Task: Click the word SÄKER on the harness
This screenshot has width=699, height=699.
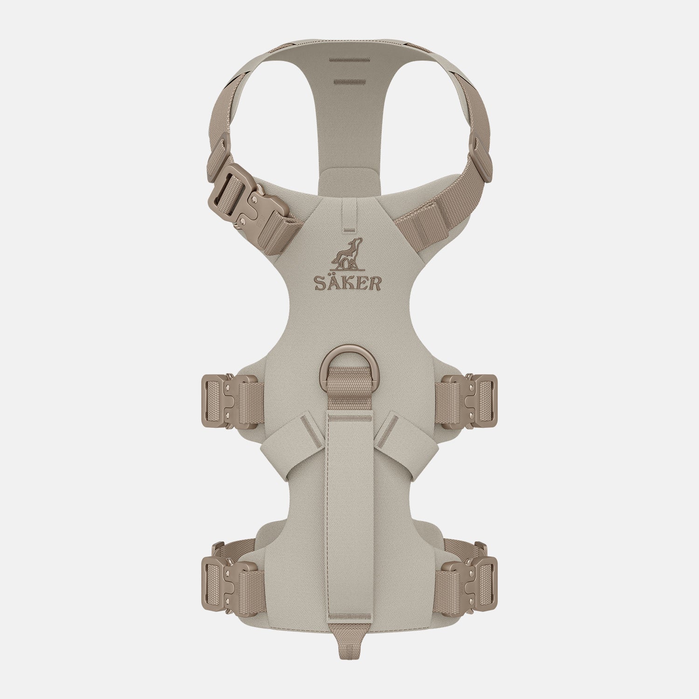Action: click(347, 282)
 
